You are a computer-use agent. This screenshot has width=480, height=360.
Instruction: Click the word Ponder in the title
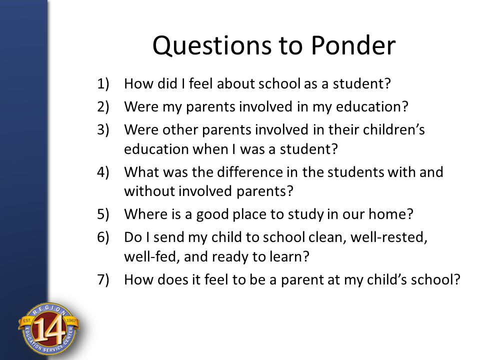click(353, 45)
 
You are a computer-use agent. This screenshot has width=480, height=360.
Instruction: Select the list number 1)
click(103, 84)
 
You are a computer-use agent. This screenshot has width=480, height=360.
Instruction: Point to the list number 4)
click(103, 172)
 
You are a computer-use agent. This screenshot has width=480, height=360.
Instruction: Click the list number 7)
click(103, 279)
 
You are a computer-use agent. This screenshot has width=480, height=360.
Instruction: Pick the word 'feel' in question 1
click(200, 83)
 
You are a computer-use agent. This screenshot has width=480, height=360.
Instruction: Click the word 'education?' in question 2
click(372, 107)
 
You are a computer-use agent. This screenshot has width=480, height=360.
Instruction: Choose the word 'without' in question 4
click(149, 191)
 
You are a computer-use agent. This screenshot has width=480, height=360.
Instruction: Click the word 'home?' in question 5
click(390, 214)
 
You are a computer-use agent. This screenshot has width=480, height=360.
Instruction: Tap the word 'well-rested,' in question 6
click(389, 237)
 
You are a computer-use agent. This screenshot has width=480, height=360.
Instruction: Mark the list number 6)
click(103, 237)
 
